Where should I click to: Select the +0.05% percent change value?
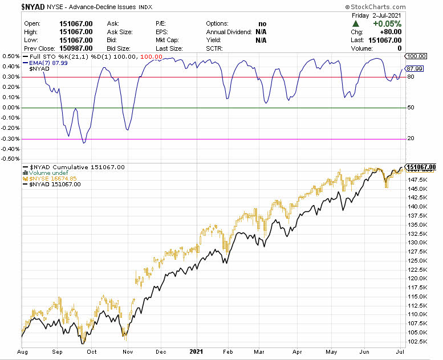tap(387, 24)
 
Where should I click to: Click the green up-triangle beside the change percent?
tap(356, 24)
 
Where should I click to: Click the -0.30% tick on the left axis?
tap(11, 138)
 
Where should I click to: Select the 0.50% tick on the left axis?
tap(11, 56)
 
